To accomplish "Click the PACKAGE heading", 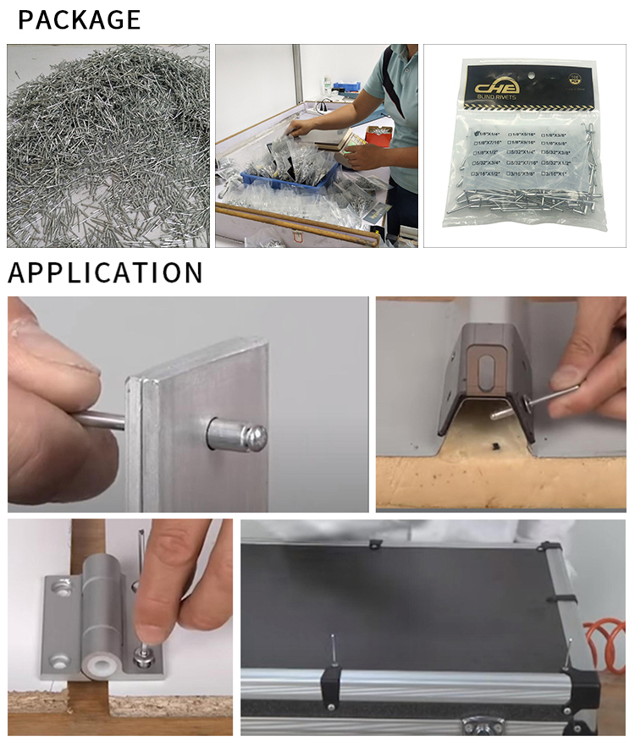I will [79, 19].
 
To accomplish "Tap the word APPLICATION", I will [106, 273].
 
